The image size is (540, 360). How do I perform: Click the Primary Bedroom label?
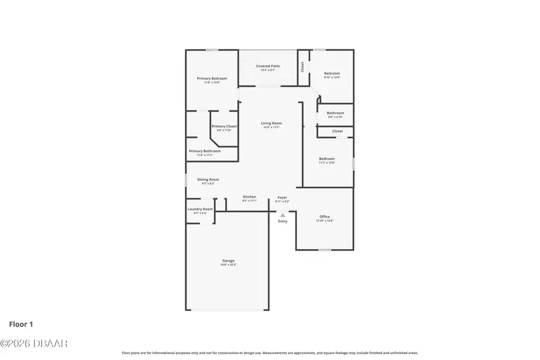212,79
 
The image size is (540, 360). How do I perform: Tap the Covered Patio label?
268,66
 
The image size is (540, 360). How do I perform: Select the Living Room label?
271,123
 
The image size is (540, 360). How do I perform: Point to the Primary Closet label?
224,127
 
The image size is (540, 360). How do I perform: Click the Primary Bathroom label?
205,151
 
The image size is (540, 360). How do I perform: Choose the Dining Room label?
208,179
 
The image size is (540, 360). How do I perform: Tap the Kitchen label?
250,197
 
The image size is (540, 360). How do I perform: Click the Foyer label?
282,197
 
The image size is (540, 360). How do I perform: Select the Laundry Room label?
200,209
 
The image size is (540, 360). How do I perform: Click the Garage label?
227,260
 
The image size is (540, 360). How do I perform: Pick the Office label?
325,217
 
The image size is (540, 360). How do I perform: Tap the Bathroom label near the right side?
335,113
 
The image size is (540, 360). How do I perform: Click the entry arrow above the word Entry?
283,214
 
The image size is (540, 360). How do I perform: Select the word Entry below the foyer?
283,221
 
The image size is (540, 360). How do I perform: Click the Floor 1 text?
21,325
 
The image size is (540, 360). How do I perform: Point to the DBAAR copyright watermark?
34,344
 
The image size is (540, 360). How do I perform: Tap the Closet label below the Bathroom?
337,131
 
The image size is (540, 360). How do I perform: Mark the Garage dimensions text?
227,265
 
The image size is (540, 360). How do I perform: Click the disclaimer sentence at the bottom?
270,353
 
